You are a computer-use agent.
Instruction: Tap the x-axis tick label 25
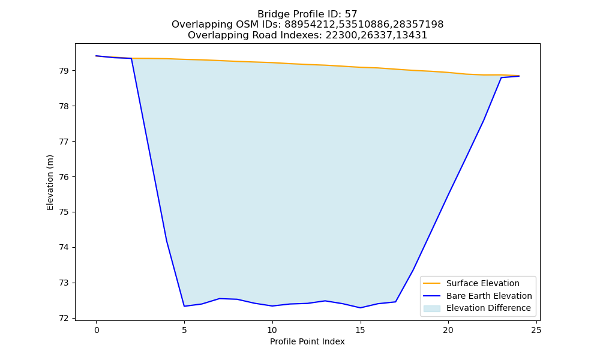(x=536, y=330)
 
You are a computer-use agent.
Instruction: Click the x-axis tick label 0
(x=97, y=330)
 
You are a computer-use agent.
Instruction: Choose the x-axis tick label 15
(x=360, y=330)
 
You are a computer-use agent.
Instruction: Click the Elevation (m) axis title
(x=50, y=182)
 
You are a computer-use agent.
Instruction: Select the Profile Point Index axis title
(x=307, y=341)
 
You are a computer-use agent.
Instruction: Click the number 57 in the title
(x=351, y=14)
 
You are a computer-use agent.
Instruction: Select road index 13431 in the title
(x=410, y=35)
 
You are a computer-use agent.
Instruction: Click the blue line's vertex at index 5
(x=184, y=306)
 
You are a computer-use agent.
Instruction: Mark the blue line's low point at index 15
(x=360, y=308)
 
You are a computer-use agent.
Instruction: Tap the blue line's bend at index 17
(x=395, y=302)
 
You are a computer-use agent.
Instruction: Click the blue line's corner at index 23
(x=501, y=77)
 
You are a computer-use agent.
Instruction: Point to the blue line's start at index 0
(x=97, y=56)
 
